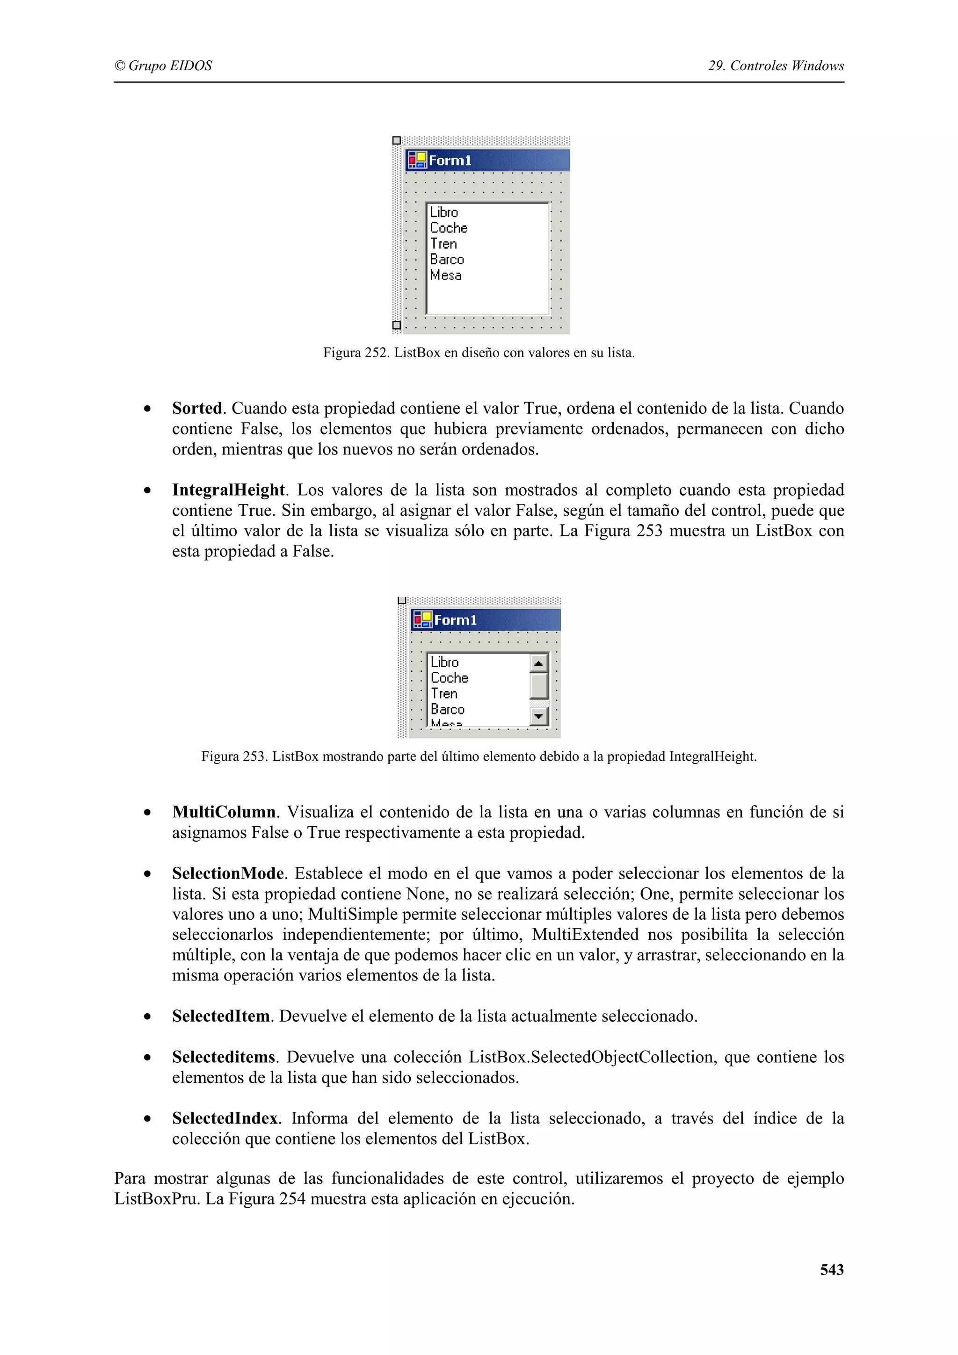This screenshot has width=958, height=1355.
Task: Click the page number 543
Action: (x=831, y=1269)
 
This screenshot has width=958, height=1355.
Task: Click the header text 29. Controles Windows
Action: (x=776, y=65)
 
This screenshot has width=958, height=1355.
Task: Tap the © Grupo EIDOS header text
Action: (x=163, y=65)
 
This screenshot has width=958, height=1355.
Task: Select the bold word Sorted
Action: (x=196, y=408)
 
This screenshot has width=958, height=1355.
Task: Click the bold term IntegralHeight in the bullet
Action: (x=228, y=490)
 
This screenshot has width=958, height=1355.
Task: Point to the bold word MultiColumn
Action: (x=224, y=812)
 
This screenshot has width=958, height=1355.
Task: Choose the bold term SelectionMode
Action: (x=228, y=873)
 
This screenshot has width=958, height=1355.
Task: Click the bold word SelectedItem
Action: (x=221, y=1016)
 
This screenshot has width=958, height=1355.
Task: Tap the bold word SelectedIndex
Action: (x=225, y=1118)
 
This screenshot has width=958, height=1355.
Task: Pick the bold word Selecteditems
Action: (x=224, y=1057)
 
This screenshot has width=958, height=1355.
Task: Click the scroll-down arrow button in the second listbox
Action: (x=538, y=716)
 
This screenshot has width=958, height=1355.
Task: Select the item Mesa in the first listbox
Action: (x=446, y=275)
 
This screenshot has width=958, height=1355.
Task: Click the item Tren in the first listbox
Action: (x=443, y=244)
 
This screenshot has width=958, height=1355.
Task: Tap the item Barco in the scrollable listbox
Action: (x=447, y=709)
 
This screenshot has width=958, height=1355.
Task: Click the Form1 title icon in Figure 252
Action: (x=417, y=160)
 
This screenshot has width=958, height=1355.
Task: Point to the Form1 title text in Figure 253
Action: (x=455, y=620)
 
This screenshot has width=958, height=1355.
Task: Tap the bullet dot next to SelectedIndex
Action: (x=147, y=1119)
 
